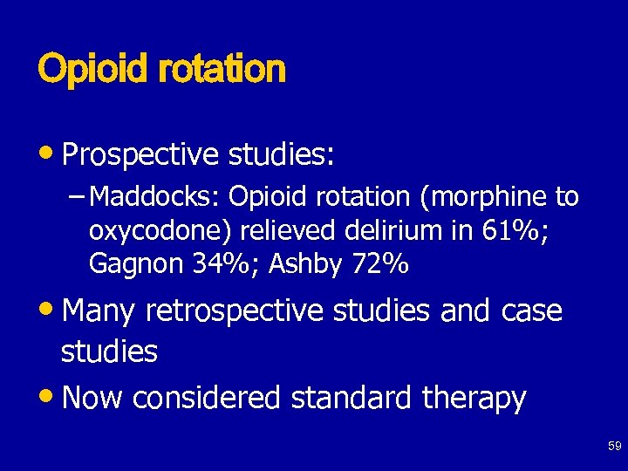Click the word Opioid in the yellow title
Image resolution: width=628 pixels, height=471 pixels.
pyautogui.click(x=93, y=69)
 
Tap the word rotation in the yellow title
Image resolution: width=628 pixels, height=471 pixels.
pyautogui.click(x=222, y=69)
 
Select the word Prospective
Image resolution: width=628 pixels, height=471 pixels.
pyautogui.click(x=140, y=154)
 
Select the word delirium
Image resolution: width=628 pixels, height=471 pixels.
pyautogui.click(x=388, y=230)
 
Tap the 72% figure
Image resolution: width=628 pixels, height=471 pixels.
pyautogui.click(x=380, y=263)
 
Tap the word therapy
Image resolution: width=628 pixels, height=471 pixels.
pyautogui.click(x=474, y=399)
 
